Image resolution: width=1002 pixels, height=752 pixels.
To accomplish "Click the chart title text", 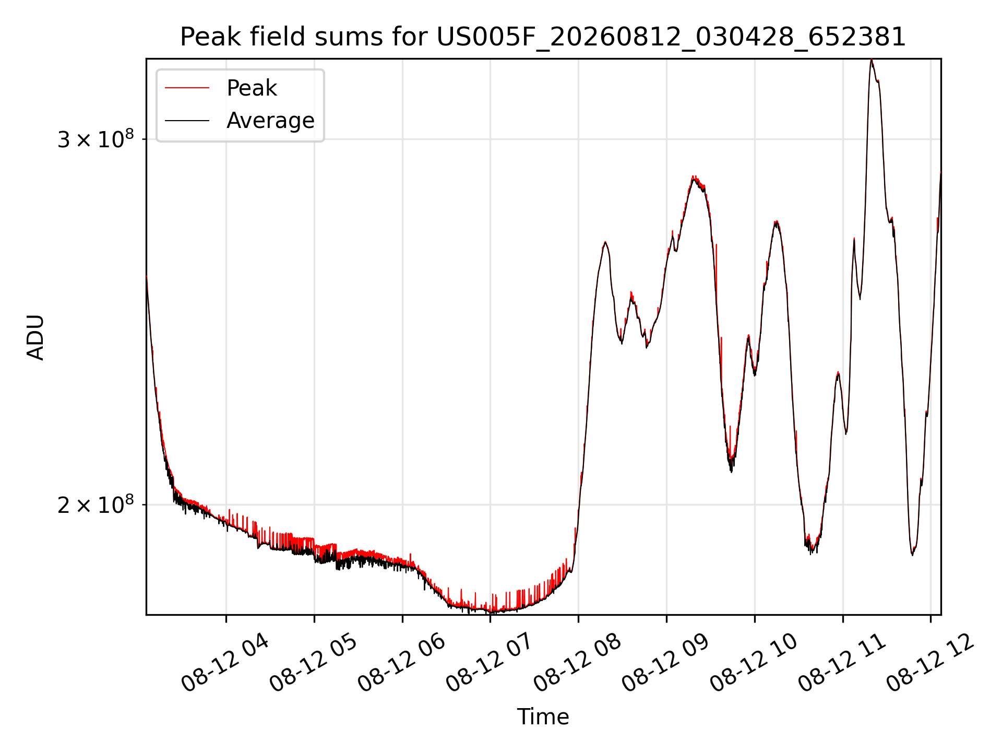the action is click(543, 37).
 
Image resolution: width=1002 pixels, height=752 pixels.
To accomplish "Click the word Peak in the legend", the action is click(252, 88).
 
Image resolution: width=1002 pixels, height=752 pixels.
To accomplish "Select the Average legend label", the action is click(270, 121).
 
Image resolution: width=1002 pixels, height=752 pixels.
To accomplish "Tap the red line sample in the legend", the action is click(187, 88).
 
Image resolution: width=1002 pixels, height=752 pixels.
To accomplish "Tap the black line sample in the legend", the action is click(187, 121).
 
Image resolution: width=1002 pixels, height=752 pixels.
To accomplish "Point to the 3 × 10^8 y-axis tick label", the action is click(96, 139).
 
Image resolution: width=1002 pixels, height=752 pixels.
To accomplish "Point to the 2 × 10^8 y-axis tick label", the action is click(96, 504).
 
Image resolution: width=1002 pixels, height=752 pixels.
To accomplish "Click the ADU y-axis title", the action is click(35, 337).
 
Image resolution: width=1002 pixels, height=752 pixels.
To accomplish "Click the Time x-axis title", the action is click(543, 717).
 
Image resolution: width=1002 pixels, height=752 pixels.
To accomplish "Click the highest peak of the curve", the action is click(872, 60).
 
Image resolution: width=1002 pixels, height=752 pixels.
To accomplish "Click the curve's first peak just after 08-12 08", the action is click(605, 242).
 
